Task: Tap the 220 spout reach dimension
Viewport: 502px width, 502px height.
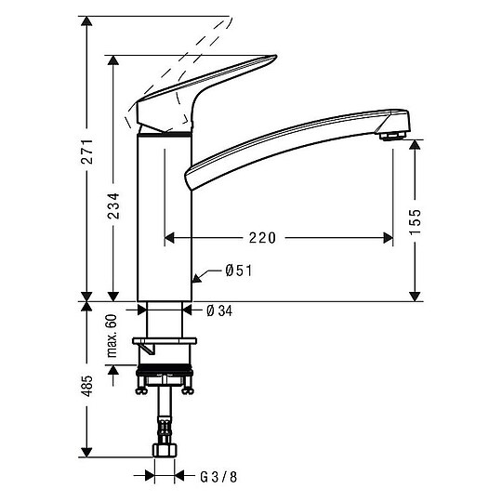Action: click(262, 238)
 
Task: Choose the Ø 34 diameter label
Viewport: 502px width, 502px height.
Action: click(218, 310)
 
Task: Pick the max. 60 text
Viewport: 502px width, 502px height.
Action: click(113, 334)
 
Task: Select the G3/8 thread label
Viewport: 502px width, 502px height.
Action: click(219, 477)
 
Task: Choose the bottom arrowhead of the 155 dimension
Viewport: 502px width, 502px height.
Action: click(415, 296)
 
